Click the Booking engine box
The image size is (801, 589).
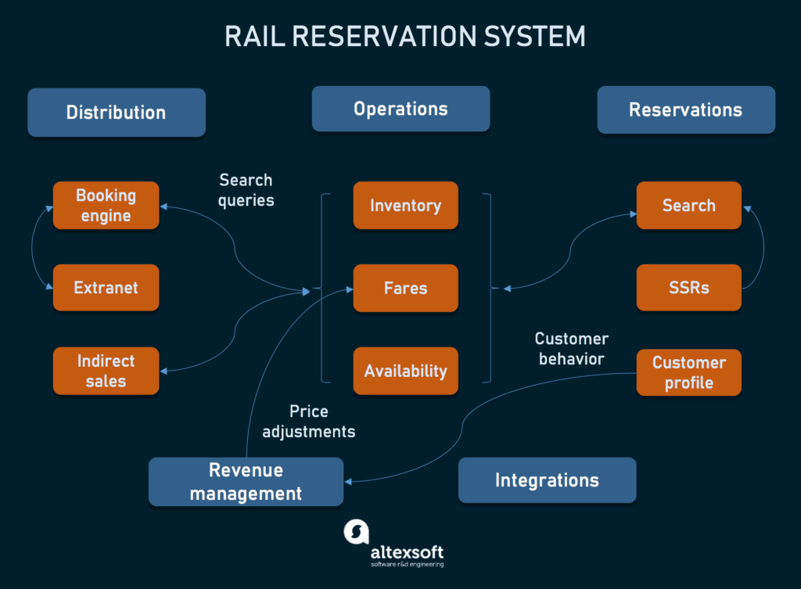coord(106,206)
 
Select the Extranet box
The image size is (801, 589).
coord(106,288)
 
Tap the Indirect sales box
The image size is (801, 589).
coord(106,371)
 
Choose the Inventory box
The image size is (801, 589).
coord(405,206)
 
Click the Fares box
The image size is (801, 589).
coord(405,288)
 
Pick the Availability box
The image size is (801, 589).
coord(405,371)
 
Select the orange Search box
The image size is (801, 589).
coord(688,206)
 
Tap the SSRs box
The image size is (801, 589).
coord(688,288)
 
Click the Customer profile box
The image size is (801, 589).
coord(688,372)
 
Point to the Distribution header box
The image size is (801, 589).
coord(116,112)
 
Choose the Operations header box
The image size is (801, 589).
coord(400,109)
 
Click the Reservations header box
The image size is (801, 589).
coord(685,110)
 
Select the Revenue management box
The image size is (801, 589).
coord(246,482)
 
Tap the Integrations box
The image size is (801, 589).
coord(547,479)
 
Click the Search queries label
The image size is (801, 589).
coord(246,190)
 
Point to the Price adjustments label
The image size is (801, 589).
coord(308,421)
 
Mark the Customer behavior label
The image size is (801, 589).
coord(571,349)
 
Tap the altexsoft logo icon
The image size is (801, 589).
coord(356,532)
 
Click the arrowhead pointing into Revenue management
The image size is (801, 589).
coord(348,481)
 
